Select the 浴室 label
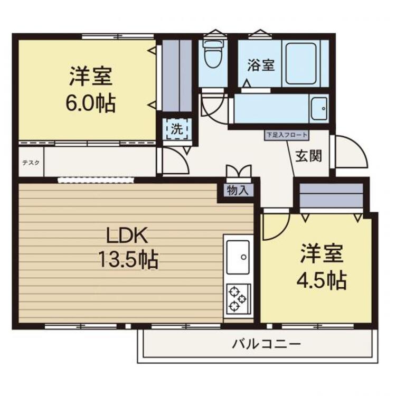[x=260, y=65]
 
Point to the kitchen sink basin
[x=239, y=257]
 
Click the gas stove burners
[x=237, y=299]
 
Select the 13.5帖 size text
[x=127, y=259]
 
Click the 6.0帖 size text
[x=90, y=103]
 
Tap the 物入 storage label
[x=235, y=191]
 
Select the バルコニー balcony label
[x=267, y=344]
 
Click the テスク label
[x=31, y=163]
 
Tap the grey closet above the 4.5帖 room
[x=331, y=196]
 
